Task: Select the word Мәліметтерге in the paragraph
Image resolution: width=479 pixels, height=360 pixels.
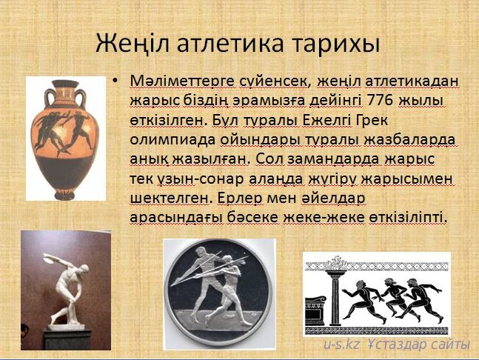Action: [172, 80]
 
